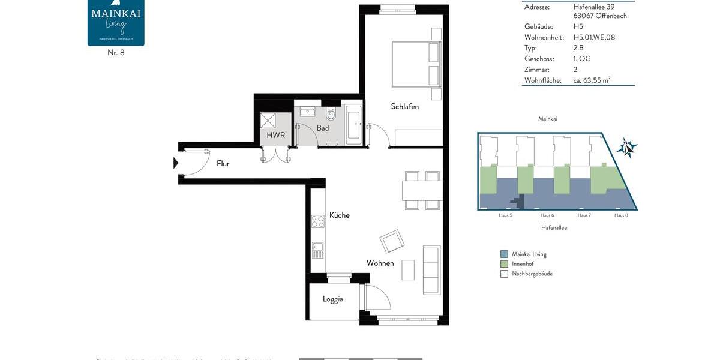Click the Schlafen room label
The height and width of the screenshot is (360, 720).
404,107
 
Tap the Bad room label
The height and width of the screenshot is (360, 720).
323,128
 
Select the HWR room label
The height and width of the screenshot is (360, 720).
276,136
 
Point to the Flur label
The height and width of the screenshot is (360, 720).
223,163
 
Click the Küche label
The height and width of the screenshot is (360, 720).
339,215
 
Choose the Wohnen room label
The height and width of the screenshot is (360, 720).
380,263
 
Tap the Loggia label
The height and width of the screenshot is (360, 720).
332,299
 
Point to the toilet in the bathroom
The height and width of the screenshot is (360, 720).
331,113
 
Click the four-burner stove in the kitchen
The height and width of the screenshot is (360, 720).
317,221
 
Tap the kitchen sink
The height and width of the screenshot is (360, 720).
317,249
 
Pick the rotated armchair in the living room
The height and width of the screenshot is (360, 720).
391,242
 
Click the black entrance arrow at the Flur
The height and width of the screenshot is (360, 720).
176,163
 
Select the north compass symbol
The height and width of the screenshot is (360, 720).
627,146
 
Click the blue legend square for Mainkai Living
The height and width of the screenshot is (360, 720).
504,254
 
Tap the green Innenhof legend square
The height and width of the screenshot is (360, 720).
504,264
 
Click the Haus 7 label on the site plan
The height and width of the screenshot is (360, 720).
584,215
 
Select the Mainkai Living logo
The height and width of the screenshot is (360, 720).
116,23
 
